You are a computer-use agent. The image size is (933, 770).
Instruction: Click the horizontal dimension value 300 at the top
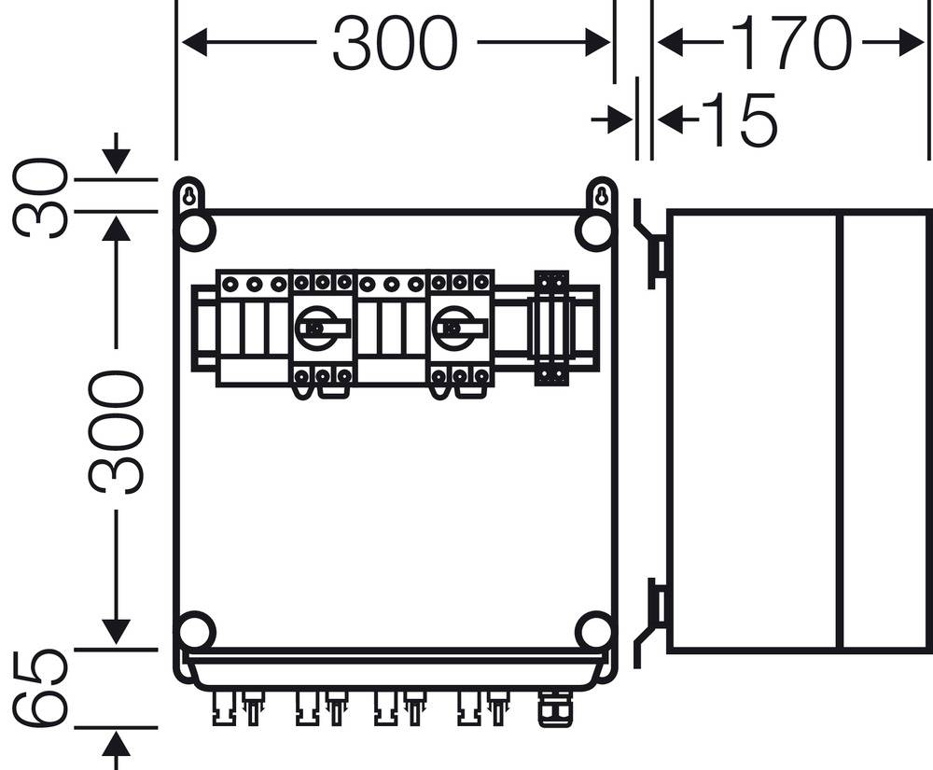pos(396,44)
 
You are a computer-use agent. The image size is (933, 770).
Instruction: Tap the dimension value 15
pos(738,119)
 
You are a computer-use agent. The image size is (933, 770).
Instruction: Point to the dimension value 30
pos(42,198)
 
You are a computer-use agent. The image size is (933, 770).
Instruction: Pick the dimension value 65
pos(42,690)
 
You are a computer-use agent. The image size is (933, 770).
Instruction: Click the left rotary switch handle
pos(322,328)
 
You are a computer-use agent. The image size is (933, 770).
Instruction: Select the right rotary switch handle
pos(460,328)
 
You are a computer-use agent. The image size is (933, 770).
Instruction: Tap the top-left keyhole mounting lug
pos(189,197)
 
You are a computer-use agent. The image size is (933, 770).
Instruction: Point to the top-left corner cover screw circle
pos(196,231)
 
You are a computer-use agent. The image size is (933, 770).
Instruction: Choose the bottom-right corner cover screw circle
pos(594,632)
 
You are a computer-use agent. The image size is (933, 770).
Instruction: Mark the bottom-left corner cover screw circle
pos(196,632)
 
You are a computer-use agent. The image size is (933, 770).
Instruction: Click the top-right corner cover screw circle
pos(594,231)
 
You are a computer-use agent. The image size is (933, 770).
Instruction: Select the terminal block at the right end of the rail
pos(551,328)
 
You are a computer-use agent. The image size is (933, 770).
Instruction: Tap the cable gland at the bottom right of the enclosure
pos(549,710)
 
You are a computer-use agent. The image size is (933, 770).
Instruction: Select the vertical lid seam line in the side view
pos(840,430)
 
